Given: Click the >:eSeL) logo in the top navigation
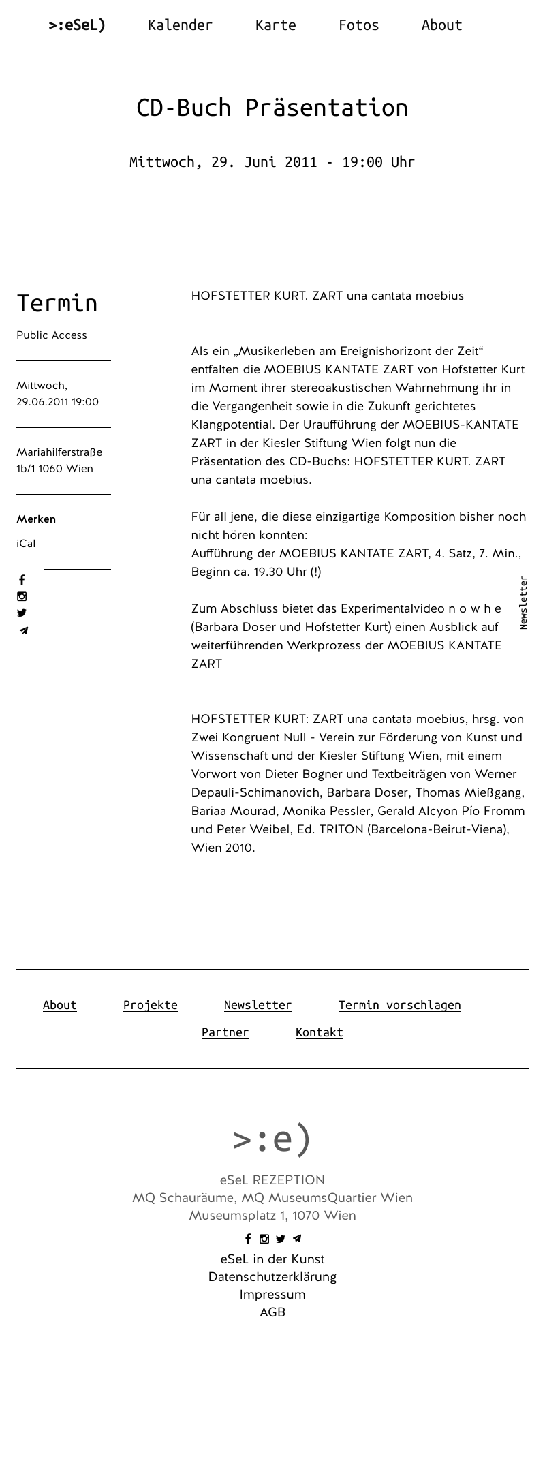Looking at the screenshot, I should (x=77, y=25).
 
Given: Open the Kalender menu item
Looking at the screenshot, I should (x=180, y=25).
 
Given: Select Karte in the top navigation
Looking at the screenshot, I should (x=275, y=25).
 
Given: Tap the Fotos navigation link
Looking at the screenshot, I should (x=358, y=25).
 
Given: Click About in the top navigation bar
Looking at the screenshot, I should (x=441, y=25).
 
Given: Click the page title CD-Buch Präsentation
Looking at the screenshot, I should (x=272, y=108).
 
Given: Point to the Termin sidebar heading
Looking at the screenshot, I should (x=57, y=303).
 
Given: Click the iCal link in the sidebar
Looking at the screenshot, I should (x=26, y=544).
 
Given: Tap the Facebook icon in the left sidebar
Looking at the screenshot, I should (x=22, y=580).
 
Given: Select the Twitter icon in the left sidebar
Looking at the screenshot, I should (x=22, y=613).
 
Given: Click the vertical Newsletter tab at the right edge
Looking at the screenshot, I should (x=523, y=602).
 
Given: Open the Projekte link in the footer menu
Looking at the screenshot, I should (x=150, y=1005).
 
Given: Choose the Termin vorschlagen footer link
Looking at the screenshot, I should (x=399, y=1005).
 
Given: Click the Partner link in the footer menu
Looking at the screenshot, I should (x=225, y=1032).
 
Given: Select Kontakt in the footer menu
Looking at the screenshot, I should (x=319, y=1032).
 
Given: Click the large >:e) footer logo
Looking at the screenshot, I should (x=272, y=1139).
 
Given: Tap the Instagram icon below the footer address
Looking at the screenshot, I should (x=264, y=1239).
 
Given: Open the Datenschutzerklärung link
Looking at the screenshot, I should (x=272, y=1277).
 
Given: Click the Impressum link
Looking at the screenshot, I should (x=272, y=1295).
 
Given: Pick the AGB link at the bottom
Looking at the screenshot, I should (x=272, y=1312).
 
